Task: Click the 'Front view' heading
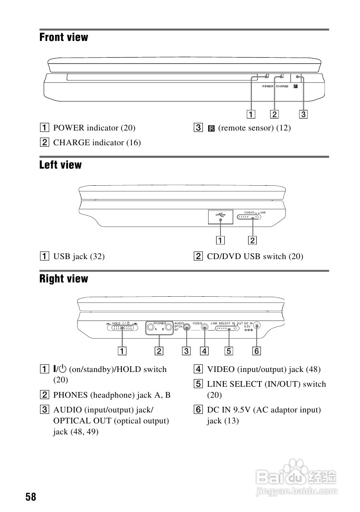[x=64, y=37]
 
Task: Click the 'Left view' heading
[x=60, y=165]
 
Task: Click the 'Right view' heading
[x=64, y=279]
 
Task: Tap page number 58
[x=31, y=497]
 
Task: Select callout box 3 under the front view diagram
[x=303, y=114]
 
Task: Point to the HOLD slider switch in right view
[x=122, y=328]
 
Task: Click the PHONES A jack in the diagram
[x=151, y=327]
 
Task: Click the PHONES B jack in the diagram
[x=168, y=327]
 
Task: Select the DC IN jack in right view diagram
[x=257, y=326]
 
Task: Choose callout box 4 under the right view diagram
[x=204, y=351]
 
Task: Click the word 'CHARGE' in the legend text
[x=71, y=142]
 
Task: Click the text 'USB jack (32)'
[x=79, y=256]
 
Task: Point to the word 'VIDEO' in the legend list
[x=221, y=369]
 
